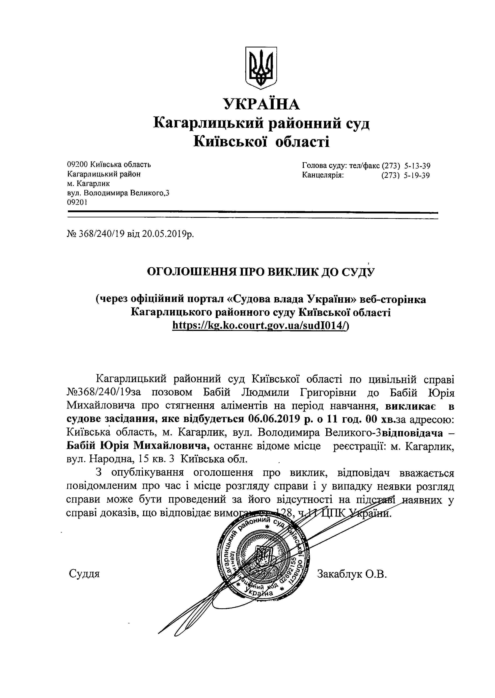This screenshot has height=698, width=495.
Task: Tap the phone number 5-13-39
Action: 417,166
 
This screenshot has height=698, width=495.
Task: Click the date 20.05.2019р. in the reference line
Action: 168,234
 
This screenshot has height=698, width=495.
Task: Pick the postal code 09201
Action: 77,202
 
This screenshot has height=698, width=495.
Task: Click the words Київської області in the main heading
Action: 261,142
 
